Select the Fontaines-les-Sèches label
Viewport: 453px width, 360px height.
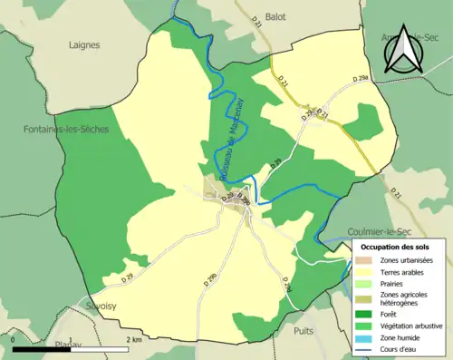coord(66,130)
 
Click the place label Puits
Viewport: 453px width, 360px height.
coord(304,331)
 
